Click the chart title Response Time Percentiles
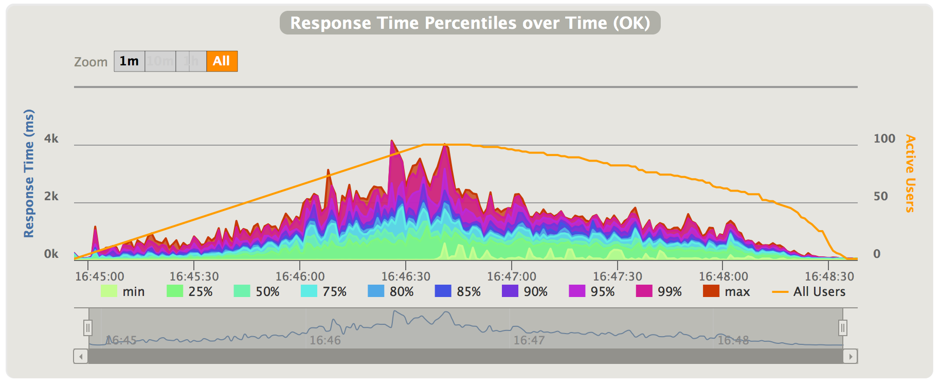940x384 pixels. [x=469, y=23]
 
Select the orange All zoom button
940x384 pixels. [x=222, y=61]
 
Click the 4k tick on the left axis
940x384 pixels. [x=51, y=138]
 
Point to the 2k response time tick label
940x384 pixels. [x=51, y=196]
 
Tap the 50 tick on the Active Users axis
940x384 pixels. [x=880, y=196]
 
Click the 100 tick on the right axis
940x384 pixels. [x=884, y=138]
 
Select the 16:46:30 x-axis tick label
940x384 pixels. [x=406, y=276]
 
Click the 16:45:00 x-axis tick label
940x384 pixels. [x=100, y=276]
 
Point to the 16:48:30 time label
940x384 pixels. [x=829, y=276]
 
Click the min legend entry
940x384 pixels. [x=123, y=292]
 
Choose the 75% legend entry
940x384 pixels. [x=324, y=292]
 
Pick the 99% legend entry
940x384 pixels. [x=659, y=292]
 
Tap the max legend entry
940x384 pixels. [x=727, y=292]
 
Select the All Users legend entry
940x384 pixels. [x=809, y=292]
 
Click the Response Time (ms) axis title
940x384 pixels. [x=29, y=173]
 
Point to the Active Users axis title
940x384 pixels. [x=910, y=173]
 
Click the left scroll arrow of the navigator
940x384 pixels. [x=81, y=356]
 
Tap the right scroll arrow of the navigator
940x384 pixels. [x=851, y=356]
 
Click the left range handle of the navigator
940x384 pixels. [x=88, y=327]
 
